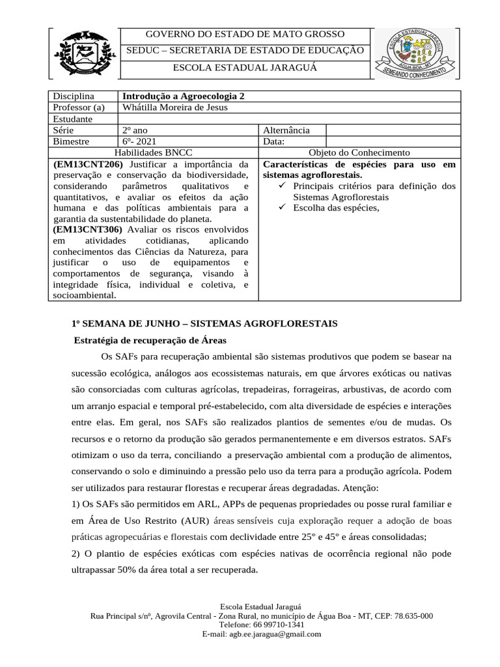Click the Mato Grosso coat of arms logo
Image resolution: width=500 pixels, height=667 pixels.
(82, 52)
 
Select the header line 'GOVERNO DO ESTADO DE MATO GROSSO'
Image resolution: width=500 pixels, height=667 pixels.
(245, 35)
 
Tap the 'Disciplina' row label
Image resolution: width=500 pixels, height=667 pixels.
(74, 96)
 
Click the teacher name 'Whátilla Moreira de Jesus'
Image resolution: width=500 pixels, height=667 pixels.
(175, 107)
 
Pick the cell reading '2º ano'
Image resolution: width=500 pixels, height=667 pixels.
(135, 130)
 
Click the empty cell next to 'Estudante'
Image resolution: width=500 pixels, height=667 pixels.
(288, 119)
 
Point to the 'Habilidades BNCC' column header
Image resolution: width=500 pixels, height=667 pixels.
(154, 152)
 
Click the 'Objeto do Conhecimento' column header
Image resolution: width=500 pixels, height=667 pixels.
(359, 152)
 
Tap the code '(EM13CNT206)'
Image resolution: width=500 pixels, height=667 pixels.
(88, 164)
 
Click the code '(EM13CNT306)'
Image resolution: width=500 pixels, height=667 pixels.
(88, 230)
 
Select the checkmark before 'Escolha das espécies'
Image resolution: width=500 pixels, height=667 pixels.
(282, 208)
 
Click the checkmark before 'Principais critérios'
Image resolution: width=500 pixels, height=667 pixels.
(282, 186)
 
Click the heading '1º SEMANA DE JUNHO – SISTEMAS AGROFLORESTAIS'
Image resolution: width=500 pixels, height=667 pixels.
(204, 324)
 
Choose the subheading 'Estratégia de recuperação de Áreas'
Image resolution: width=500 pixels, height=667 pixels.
(150, 340)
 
